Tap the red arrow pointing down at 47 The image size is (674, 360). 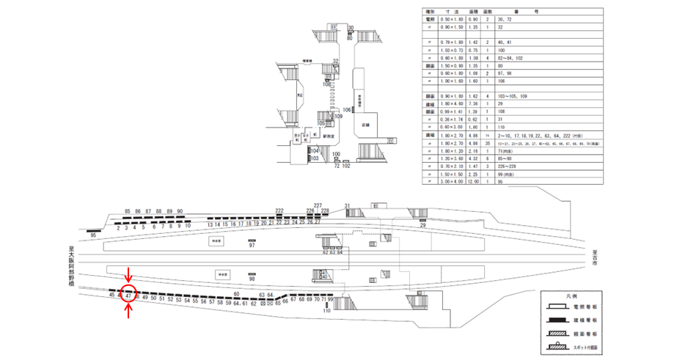point(129,276)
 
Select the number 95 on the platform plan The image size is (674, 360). point(94,235)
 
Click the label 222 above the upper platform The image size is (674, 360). point(279,210)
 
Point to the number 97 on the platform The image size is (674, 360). point(252,246)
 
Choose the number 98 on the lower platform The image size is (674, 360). point(252,279)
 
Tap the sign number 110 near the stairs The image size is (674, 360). point(327,312)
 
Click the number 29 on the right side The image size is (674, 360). point(422,226)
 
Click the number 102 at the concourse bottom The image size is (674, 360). point(346,166)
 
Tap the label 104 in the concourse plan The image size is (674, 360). point(313,150)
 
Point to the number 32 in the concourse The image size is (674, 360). point(335,61)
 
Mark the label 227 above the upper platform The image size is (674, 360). point(318,205)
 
